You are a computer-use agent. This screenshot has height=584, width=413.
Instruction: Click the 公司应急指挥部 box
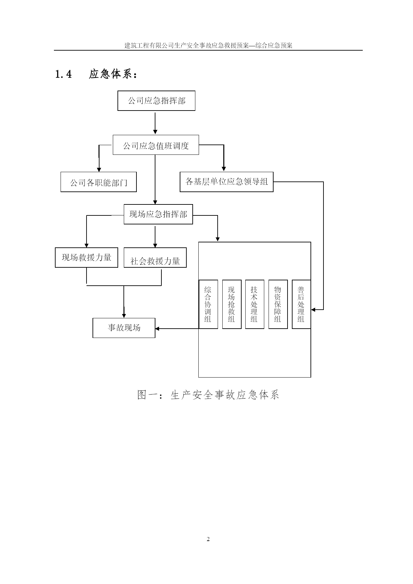coord(156,101)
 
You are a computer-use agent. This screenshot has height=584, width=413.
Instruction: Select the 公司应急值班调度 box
coord(156,145)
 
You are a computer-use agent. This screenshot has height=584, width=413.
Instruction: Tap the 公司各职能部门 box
coord(99,182)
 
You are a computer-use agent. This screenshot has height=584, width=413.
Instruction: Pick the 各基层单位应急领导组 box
coord(227,182)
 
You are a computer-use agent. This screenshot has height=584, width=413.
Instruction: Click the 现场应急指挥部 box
coord(158,214)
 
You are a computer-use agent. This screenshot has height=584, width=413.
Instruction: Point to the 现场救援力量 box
coord(87,257)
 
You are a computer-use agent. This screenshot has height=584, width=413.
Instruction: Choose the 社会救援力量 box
coord(155,257)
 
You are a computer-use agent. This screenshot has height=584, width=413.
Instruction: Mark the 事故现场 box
coord(124,328)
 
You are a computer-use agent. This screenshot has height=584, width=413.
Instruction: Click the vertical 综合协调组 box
coord(208,304)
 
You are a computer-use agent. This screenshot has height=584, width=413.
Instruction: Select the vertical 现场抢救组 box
coord(232,304)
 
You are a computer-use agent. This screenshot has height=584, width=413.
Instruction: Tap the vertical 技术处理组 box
coord(255,304)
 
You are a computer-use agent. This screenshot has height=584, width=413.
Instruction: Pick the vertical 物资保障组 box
coord(278,304)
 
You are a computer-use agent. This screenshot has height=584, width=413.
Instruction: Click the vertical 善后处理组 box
coord(301,304)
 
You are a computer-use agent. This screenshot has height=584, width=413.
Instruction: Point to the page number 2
coord(208,539)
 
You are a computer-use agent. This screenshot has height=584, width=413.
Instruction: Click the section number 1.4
coord(63,74)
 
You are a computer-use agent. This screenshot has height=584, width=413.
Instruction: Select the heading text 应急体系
coord(110,74)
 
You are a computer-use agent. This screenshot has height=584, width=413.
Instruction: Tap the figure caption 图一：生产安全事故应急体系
coord(208,395)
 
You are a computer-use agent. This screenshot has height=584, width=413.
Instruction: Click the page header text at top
coord(208,46)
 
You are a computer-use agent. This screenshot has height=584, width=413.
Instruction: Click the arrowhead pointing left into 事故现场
coord(157,329)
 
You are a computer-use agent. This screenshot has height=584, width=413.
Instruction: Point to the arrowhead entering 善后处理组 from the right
coord(313,310)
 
